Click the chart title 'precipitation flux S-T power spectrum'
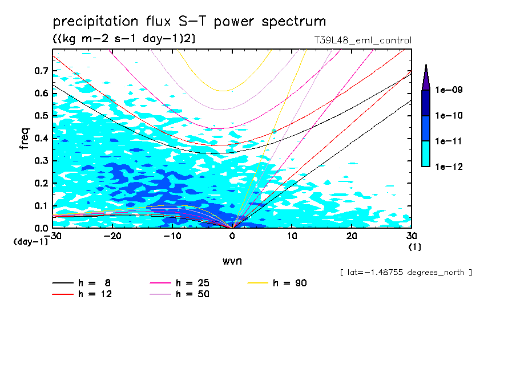point(190,22)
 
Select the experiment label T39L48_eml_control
point(359,40)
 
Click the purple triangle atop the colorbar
point(426,76)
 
